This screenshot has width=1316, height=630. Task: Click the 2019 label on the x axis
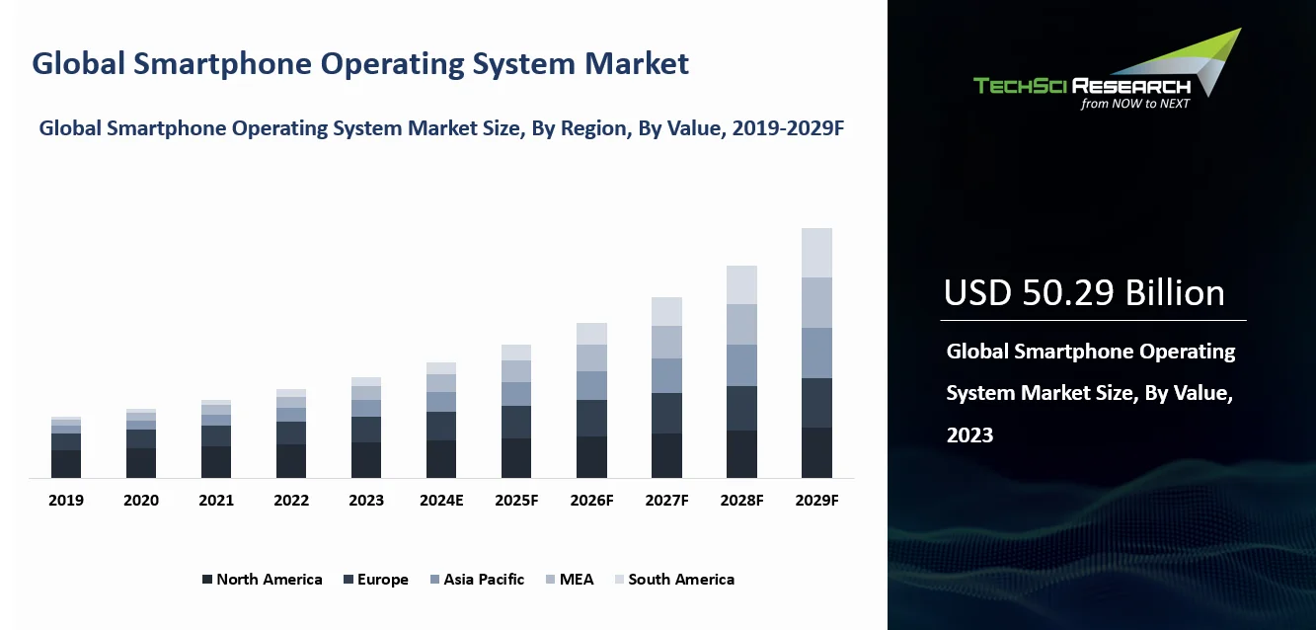pyautogui.click(x=66, y=501)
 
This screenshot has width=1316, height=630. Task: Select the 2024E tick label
pyautogui.click(x=441, y=501)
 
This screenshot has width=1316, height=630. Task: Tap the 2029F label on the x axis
pyautogui.click(x=816, y=501)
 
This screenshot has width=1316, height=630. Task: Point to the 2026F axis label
pyautogui.click(x=591, y=501)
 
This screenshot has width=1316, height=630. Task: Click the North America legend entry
pyautogui.click(x=262, y=580)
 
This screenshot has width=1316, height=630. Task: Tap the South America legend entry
pyautogui.click(x=673, y=580)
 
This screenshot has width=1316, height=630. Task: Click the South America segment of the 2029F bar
pyautogui.click(x=816, y=253)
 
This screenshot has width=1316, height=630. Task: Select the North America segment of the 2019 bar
pyautogui.click(x=66, y=464)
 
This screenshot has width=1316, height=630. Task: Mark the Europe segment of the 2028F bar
pyautogui.click(x=741, y=408)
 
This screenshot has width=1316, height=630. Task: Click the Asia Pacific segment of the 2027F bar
pyautogui.click(x=666, y=375)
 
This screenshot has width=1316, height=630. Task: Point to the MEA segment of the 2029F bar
pyautogui.click(x=816, y=302)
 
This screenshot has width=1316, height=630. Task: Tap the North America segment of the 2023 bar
pyautogui.click(x=366, y=460)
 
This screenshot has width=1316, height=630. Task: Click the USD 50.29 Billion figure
pyautogui.click(x=1084, y=293)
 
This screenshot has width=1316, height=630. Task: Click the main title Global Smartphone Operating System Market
pyautogui.click(x=360, y=64)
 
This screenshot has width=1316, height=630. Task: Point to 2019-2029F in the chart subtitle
pyautogui.click(x=788, y=128)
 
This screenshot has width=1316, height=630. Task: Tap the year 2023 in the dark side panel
pyautogui.click(x=969, y=434)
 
